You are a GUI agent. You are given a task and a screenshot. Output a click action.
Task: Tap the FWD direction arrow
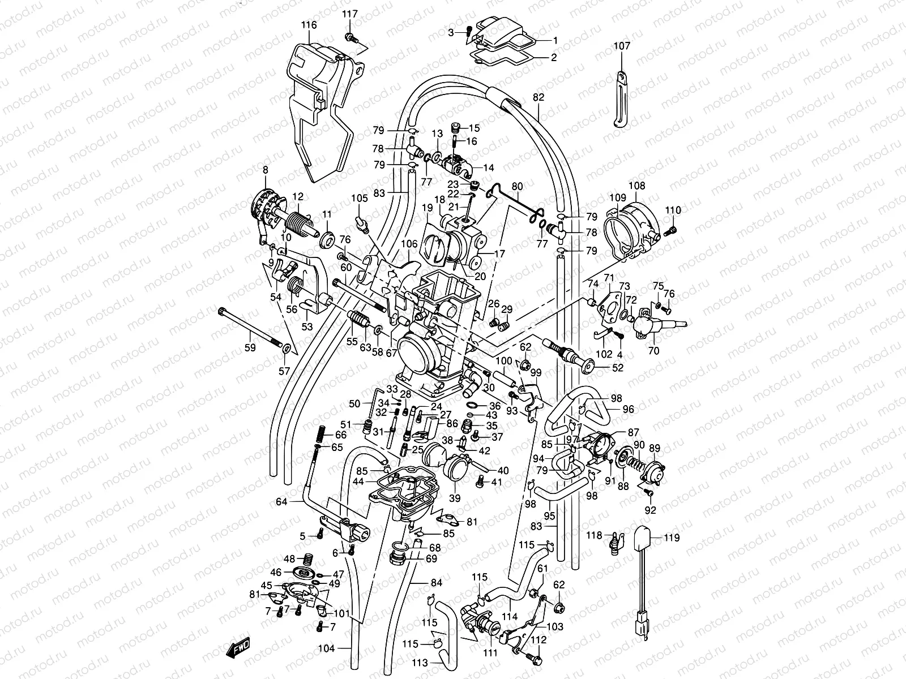click(x=238, y=650)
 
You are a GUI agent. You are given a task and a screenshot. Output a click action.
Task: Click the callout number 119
click(x=672, y=538)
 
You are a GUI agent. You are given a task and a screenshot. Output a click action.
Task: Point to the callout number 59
click(x=250, y=349)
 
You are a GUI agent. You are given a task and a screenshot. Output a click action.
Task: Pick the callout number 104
click(x=327, y=648)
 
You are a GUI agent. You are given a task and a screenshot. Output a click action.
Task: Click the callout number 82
click(x=538, y=97)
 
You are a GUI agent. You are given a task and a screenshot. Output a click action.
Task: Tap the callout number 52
click(x=617, y=368)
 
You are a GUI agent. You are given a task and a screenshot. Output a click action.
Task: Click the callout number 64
click(x=281, y=501)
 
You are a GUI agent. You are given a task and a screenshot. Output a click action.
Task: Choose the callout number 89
click(x=655, y=449)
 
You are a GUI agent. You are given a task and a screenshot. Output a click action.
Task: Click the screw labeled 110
click(x=672, y=230)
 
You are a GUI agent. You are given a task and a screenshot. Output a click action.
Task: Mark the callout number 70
click(x=653, y=351)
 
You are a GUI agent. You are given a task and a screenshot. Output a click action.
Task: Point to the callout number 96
click(x=628, y=409)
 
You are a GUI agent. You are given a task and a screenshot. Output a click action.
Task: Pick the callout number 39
click(x=455, y=498)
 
